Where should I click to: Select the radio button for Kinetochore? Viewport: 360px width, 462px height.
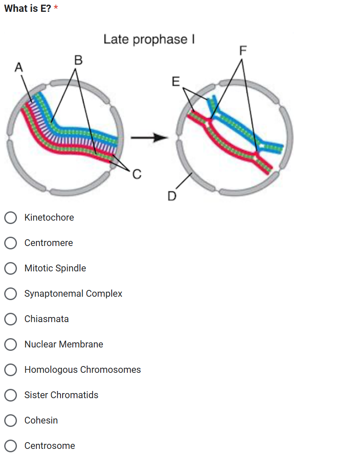(11, 218)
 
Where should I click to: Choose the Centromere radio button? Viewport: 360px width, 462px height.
(11, 243)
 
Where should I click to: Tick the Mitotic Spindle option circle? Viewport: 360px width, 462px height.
(11, 268)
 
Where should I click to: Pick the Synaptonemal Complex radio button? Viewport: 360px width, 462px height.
(11, 294)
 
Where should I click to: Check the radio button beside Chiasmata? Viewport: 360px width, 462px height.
(11, 319)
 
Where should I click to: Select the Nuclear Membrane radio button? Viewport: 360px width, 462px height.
(11, 344)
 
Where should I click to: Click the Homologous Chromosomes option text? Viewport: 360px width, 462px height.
(82, 370)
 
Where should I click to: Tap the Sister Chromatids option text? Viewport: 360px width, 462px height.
(61, 395)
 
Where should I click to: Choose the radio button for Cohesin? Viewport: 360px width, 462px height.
(11, 421)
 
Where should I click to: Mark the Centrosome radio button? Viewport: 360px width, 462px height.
(11, 446)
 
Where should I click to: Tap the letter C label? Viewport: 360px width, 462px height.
(137, 173)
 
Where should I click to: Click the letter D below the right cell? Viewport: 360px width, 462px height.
(171, 196)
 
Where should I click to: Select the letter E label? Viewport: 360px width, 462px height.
(176, 81)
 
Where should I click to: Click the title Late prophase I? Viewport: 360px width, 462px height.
(149, 39)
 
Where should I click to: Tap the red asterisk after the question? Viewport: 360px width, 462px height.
(56, 9)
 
